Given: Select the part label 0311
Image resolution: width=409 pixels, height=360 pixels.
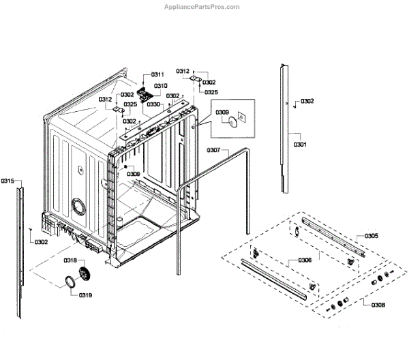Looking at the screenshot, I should point(157,74).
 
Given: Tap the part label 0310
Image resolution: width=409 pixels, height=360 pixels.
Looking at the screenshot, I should point(161,86).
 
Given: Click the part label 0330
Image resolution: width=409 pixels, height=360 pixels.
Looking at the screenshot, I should point(153,104).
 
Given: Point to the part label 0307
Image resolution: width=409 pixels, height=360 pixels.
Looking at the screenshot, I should point(213,150).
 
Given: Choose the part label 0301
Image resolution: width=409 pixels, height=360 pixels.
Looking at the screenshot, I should point(300,145).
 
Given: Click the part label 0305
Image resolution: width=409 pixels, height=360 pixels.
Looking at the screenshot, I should point(372,236).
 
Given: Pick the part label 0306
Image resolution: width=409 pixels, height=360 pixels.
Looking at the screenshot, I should point(305,260).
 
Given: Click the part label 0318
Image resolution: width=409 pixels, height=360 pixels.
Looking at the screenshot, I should point(70,260).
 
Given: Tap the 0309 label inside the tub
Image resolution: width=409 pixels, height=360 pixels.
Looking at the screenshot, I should point(133,174).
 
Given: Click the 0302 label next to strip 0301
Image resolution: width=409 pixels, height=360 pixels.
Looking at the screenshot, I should point(307,102).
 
